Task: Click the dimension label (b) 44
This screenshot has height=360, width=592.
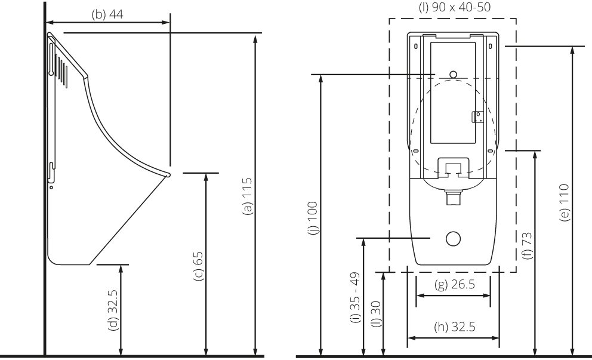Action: click(107, 14)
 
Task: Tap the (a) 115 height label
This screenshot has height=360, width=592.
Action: click(247, 196)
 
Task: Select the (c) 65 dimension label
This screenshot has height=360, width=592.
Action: click(198, 266)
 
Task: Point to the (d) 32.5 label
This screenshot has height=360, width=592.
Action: click(113, 310)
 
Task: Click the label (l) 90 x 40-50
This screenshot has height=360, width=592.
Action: click(455, 7)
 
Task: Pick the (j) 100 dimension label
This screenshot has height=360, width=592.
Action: click(313, 219)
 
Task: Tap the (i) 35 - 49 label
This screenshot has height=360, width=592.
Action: click(355, 298)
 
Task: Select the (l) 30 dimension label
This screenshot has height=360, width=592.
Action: click(376, 314)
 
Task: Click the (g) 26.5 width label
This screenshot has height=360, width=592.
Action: click(455, 284)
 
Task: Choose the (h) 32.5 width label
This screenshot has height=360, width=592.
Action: click(455, 327)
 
